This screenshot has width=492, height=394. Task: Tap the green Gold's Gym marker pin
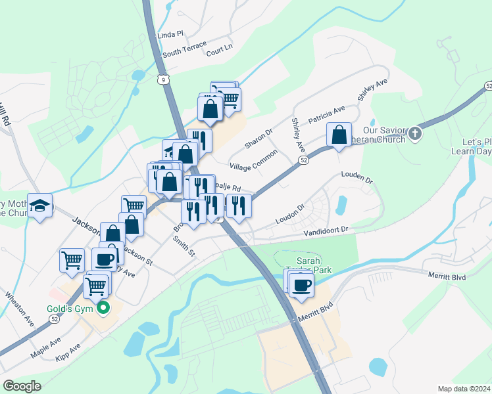coord(103,308)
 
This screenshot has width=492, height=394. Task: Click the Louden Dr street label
coord(357,177)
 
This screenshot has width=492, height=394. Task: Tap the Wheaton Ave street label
coord(19,309)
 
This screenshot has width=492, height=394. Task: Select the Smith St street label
coord(184,247)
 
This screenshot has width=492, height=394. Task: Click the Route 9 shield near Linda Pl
coord(162,79)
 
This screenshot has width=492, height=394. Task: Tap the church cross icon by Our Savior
coord(414,133)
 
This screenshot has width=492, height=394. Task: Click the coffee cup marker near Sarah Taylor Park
coord(302,286)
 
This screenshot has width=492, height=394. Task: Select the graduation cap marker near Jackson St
coord(40,206)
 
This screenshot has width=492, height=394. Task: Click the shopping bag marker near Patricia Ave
coord(339,135)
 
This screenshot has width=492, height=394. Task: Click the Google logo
coord(22,386)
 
